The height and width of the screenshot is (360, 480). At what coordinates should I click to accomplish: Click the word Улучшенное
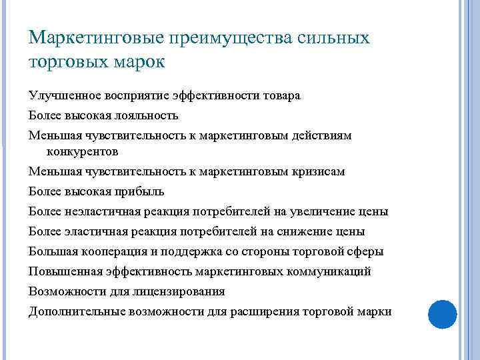64,95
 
